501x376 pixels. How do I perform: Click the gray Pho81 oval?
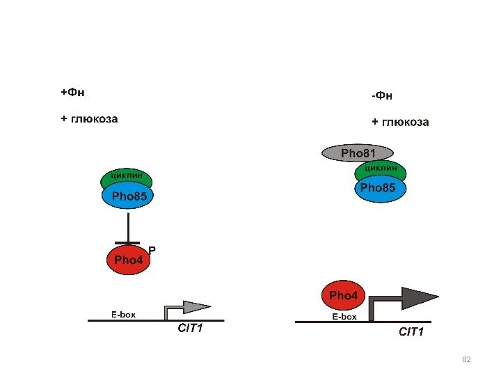358,152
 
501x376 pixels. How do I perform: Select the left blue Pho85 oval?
128,197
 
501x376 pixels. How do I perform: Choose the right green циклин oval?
381,168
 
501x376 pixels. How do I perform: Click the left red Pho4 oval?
128,260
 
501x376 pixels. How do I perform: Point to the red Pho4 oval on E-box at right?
342,295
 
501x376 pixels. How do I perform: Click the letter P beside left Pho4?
152,249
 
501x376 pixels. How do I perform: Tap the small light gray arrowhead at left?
197,306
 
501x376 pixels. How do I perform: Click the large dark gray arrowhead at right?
419,297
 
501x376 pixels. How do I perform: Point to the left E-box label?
123,314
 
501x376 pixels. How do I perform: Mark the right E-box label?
344,317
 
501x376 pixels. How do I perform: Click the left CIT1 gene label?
190,329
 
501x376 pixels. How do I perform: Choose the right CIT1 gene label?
411,332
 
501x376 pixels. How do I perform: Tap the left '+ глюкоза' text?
89,118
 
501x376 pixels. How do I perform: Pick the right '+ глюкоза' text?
400,123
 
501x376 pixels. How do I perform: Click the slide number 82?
467,359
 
